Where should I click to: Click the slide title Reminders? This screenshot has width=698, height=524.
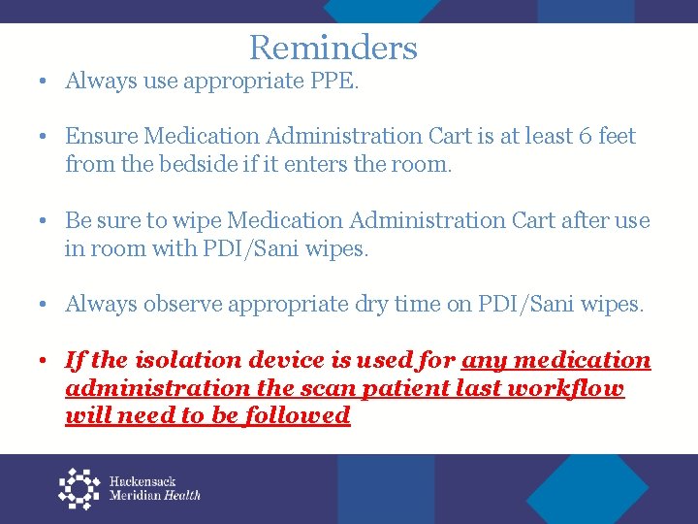(x=333, y=48)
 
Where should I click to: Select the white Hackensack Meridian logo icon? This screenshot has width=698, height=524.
(x=79, y=488)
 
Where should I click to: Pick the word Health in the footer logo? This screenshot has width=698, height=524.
(x=182, y=495)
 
